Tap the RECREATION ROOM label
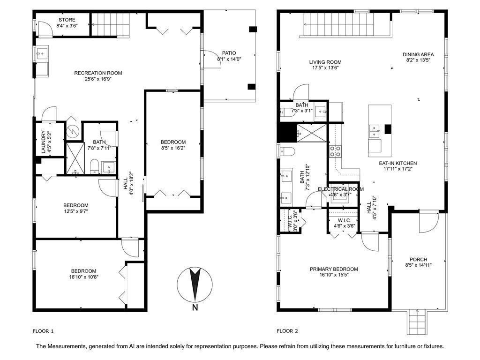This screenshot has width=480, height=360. pyautogui.click(x=98, y=73)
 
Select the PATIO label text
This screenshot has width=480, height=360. pyautogui.click(x=229, y=53)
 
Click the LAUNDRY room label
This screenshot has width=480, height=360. pyautogui.click(x=43, y=142)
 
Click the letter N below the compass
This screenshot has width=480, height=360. pyautogui.click(x=195, y=308)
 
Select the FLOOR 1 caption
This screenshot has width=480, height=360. pyautogui.click(x=43, y=331)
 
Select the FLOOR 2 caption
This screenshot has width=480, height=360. pyautogui.click(x=287, y=331)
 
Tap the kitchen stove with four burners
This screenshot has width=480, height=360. pyautogui.click(x=336, y=151)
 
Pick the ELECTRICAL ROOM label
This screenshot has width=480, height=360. pyautogui.click(x=341, y=189)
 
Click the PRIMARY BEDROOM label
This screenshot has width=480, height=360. pyautogui.click(x=334, y=269)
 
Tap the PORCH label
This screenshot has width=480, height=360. pyautogui.click(x=418, y=259)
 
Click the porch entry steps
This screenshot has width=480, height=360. pyautogui.click(x=416, y=322)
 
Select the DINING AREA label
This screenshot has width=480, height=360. pyautogui.click(x=420, y=54)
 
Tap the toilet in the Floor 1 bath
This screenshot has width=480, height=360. pyautogui.click(x=94, y=165)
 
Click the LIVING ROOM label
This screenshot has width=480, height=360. pyautogui.click(x=325, y=62)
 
